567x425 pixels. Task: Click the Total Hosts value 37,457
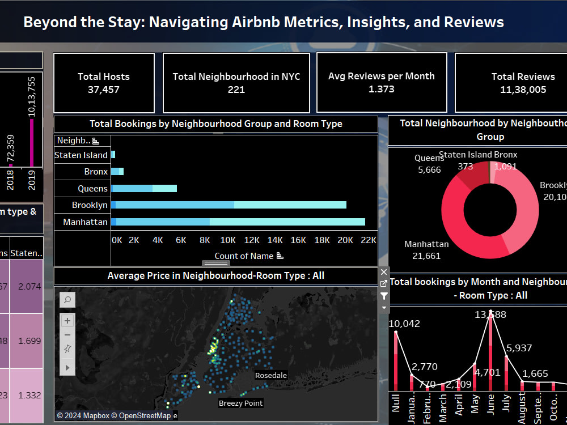[103, 90]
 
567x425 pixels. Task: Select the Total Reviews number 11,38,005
[523, 90]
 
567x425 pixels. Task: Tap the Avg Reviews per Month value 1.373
[381, 89]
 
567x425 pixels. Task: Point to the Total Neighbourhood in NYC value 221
[236, 90]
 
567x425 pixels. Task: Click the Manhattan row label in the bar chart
[85, 222]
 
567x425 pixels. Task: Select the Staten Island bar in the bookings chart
[113, 155]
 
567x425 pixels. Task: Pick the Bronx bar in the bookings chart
[117, 171]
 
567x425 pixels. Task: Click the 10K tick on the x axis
[228, 240]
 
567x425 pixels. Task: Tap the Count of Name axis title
[244, 256]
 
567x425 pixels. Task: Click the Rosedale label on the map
[270, 376]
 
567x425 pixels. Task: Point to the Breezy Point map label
[240, 403]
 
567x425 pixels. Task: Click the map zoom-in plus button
[67, 321]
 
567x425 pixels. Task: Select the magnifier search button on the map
[67, 300]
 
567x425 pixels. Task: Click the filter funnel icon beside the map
[384, 296]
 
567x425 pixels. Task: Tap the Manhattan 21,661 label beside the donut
[426, 250]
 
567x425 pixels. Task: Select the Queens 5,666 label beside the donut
[428, 164]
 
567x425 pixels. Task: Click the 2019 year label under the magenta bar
[32, 180]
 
